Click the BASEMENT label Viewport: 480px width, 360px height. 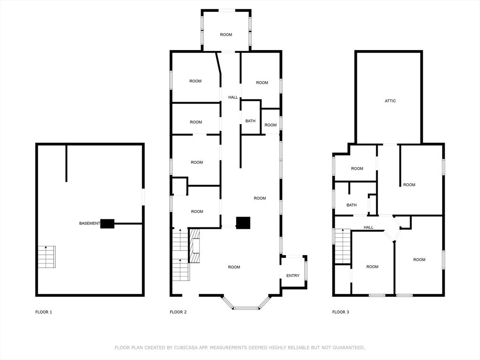89,224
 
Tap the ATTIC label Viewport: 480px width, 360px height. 390,101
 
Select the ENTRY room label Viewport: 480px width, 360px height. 292,276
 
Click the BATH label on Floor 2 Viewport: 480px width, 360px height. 250,121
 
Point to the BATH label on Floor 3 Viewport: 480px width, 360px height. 352,205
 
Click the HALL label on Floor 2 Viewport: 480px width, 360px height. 233,97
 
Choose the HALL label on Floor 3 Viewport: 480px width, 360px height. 368,227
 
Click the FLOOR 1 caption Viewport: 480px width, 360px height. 44,312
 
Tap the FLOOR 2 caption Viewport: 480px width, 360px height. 178,312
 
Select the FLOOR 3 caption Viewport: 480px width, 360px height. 340,312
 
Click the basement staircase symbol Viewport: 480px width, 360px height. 46,257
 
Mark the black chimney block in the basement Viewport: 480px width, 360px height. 107,224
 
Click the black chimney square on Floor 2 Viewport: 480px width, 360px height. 243,223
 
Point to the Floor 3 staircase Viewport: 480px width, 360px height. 343,246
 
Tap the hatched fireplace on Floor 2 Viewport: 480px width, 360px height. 195,246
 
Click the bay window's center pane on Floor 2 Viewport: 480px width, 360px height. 246,308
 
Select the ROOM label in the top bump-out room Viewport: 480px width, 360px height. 226,35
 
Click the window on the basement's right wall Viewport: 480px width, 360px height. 143,196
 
